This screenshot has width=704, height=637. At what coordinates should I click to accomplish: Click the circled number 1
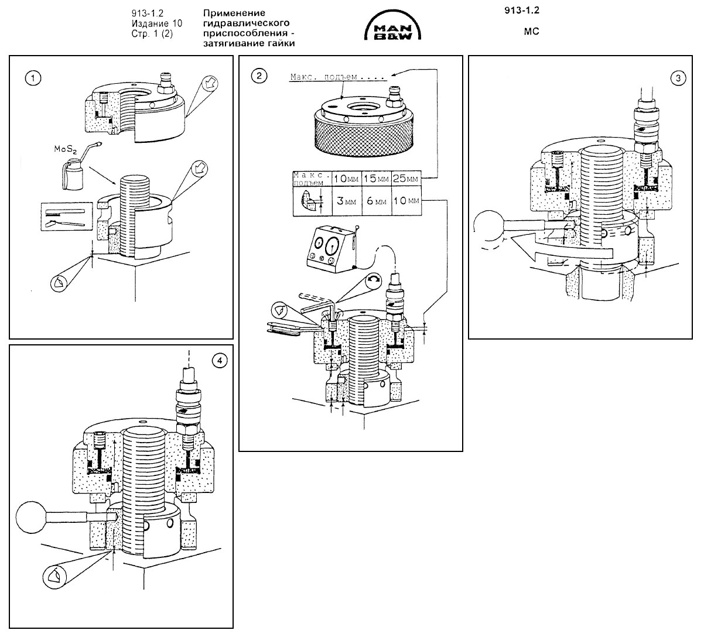[x=33, y=78]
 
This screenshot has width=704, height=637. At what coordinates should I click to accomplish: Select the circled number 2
[x=259, y=76]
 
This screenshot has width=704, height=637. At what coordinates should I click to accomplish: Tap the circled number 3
[x=678, y=78]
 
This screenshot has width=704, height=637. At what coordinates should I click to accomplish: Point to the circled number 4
[x=220, y=361]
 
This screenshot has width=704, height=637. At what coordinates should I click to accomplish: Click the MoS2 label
[x=65, y=150]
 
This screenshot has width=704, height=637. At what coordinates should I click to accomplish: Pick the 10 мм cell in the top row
[x=347, y=179]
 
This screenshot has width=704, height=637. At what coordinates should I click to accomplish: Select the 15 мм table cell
[x=376, y=179]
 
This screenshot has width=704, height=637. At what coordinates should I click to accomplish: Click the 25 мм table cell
[x=406, y=179]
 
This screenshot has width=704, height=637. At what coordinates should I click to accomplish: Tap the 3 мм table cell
[x=347, y=201]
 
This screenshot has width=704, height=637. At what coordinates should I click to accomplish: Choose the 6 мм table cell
[x=376, y=201]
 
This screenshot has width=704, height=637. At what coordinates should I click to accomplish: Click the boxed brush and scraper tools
[x=67, y=216]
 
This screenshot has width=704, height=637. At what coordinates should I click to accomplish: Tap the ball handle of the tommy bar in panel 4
[x=32, y=516]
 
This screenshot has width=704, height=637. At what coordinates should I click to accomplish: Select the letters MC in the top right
[x=531, y=32]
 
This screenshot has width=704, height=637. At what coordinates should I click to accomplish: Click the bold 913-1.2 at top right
[x=521, y=11]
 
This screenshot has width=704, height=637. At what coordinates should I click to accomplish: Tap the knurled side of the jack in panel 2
[x=364, y=137]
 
